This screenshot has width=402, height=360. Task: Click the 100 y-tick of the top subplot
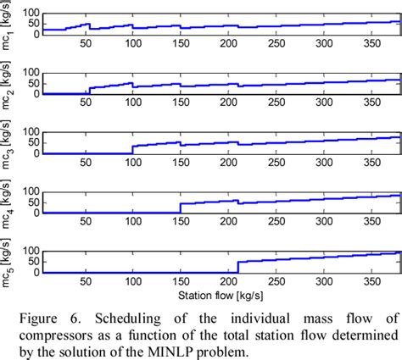(31, 11)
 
